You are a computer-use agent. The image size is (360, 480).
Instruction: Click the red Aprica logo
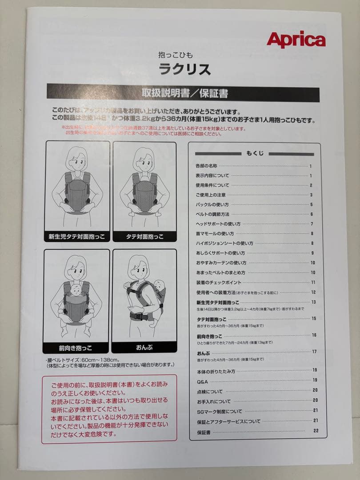point(296,40)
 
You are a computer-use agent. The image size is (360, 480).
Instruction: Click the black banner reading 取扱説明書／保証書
point(183,93)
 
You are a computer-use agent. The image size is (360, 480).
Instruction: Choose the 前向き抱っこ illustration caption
point(76,348)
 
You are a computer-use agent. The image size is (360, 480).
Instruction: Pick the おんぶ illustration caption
point(144,348)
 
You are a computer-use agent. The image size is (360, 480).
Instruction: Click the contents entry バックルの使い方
point(212,204)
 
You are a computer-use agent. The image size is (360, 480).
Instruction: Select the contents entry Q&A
point(202,381)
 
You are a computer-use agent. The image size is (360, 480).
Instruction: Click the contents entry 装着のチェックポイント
point(219,282)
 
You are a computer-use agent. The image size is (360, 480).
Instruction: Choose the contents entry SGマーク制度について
point(220,411)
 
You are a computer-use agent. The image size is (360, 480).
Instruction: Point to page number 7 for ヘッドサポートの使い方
point(312,224)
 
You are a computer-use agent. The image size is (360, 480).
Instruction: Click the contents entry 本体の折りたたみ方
point(216,371)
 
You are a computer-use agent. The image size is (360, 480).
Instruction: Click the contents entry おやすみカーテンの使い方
point(221,263)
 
